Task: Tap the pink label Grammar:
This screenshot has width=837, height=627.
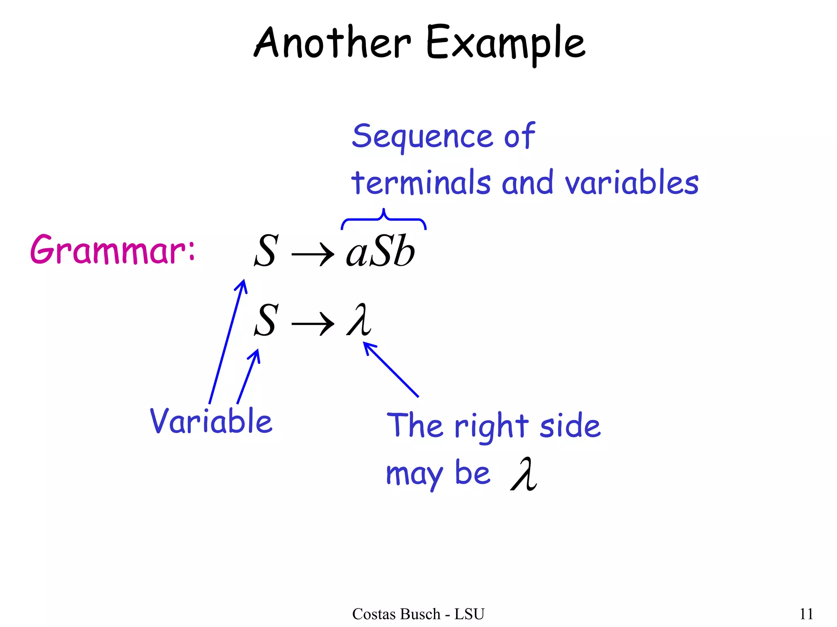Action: (x=113, y=249)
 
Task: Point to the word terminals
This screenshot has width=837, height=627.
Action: (x=421, y=182)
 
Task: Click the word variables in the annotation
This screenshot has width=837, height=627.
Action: (x=631, y=182)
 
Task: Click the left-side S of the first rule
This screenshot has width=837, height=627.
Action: (x=266, y=251)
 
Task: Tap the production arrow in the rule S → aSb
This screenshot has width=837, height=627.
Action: (x=313, y=255)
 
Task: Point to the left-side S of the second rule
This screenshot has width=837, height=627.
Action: (x=266, y=320)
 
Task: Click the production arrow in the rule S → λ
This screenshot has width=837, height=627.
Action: (x=313, y=325)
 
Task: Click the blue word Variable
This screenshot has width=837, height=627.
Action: (x=211, y=421)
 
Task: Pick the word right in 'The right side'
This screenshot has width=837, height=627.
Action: (x=492, y=427)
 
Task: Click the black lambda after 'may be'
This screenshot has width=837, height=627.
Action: (x=524, y=474)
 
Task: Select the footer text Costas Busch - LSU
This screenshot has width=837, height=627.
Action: (x=418, y=614)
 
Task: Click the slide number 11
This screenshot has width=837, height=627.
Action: (x=806, y=614)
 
